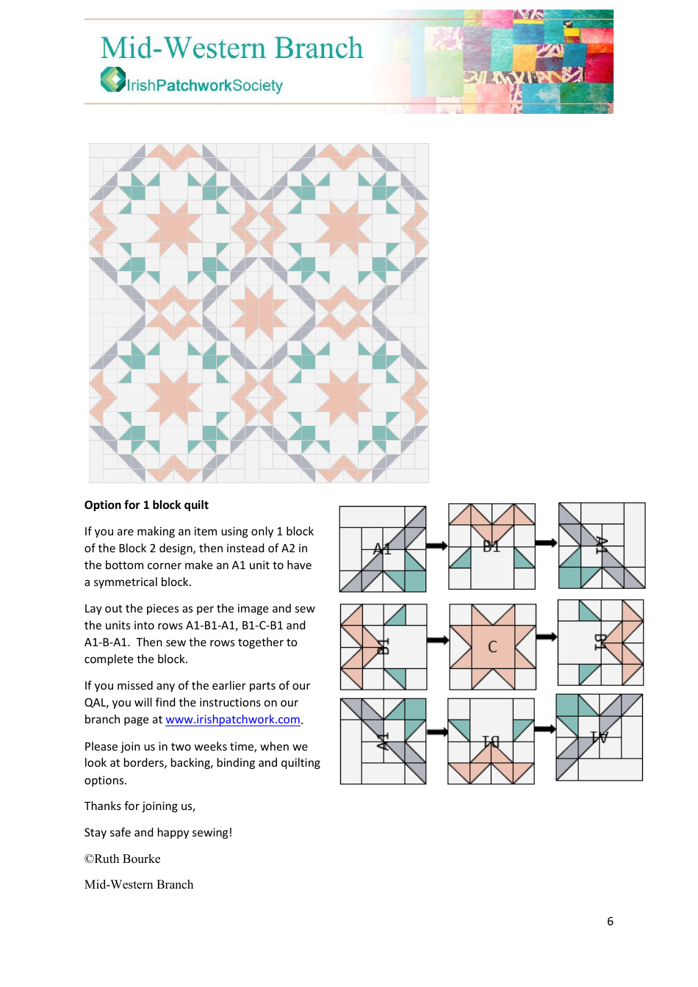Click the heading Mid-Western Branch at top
(231, 48)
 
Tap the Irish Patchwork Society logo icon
(112, 79)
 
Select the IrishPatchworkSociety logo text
(204, 86)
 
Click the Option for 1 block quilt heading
(146, 505)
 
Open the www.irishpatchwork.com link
(233, 720)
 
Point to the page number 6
(610, 922)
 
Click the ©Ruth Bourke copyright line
(122, 859)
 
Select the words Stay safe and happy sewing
(158, 833)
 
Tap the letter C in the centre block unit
(492, 647)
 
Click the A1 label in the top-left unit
(382, 549)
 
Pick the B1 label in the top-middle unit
(491, 546)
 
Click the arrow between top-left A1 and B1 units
(436, 546)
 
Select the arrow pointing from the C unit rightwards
(546, 637)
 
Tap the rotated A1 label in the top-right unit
(601, 545)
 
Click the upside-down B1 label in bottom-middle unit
(490, 742)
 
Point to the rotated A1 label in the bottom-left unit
(382, 741)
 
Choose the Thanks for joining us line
(140, 806)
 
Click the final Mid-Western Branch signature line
(139, 885)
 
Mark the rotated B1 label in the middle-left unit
(383, 646)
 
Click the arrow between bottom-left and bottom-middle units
(437, 731)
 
